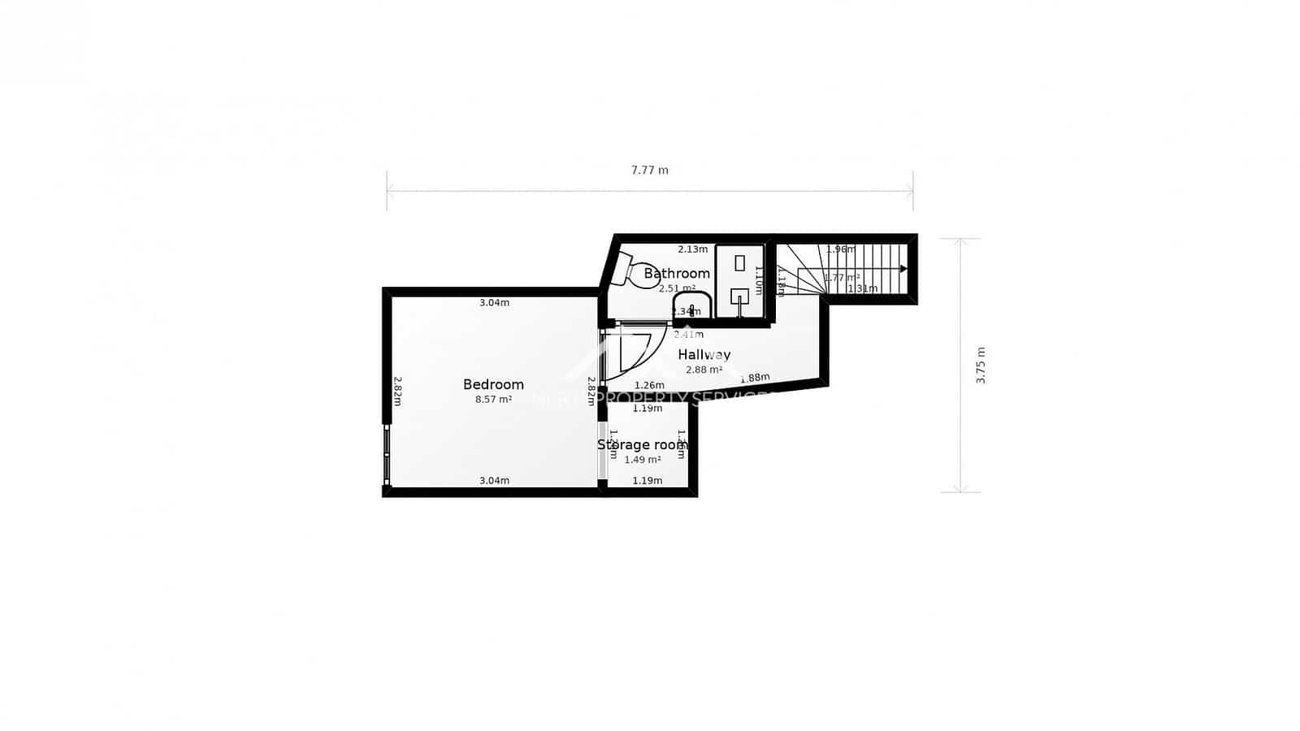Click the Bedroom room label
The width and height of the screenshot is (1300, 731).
click(493, 384)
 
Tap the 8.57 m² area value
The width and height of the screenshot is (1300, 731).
click(493, 400)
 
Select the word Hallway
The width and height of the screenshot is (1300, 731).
click(704, 355)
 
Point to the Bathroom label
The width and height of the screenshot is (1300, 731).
click(677, 274)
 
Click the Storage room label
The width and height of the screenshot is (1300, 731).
click(642, 444)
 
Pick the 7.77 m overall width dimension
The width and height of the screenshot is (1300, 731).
click(650, 171)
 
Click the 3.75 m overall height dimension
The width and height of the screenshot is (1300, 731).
click(981, 365)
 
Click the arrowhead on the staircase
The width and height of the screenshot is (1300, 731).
click(903, 269)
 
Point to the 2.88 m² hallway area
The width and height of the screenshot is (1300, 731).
click(704, 370)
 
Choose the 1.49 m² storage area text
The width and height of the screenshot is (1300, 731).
click(642, 460)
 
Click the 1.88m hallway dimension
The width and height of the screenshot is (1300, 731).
click(755, 378)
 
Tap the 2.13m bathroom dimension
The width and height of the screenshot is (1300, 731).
click(692, 249)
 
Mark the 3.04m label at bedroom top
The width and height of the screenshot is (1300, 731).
click(494, 303)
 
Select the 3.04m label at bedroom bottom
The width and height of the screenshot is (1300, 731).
click(494, 481)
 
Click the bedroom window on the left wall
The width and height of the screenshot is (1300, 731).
click(387, 455)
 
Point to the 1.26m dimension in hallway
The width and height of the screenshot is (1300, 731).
click(649, 385)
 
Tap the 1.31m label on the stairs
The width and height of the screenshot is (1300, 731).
click(862, 288)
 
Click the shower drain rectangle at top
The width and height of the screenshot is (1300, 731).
click(739, 262)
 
